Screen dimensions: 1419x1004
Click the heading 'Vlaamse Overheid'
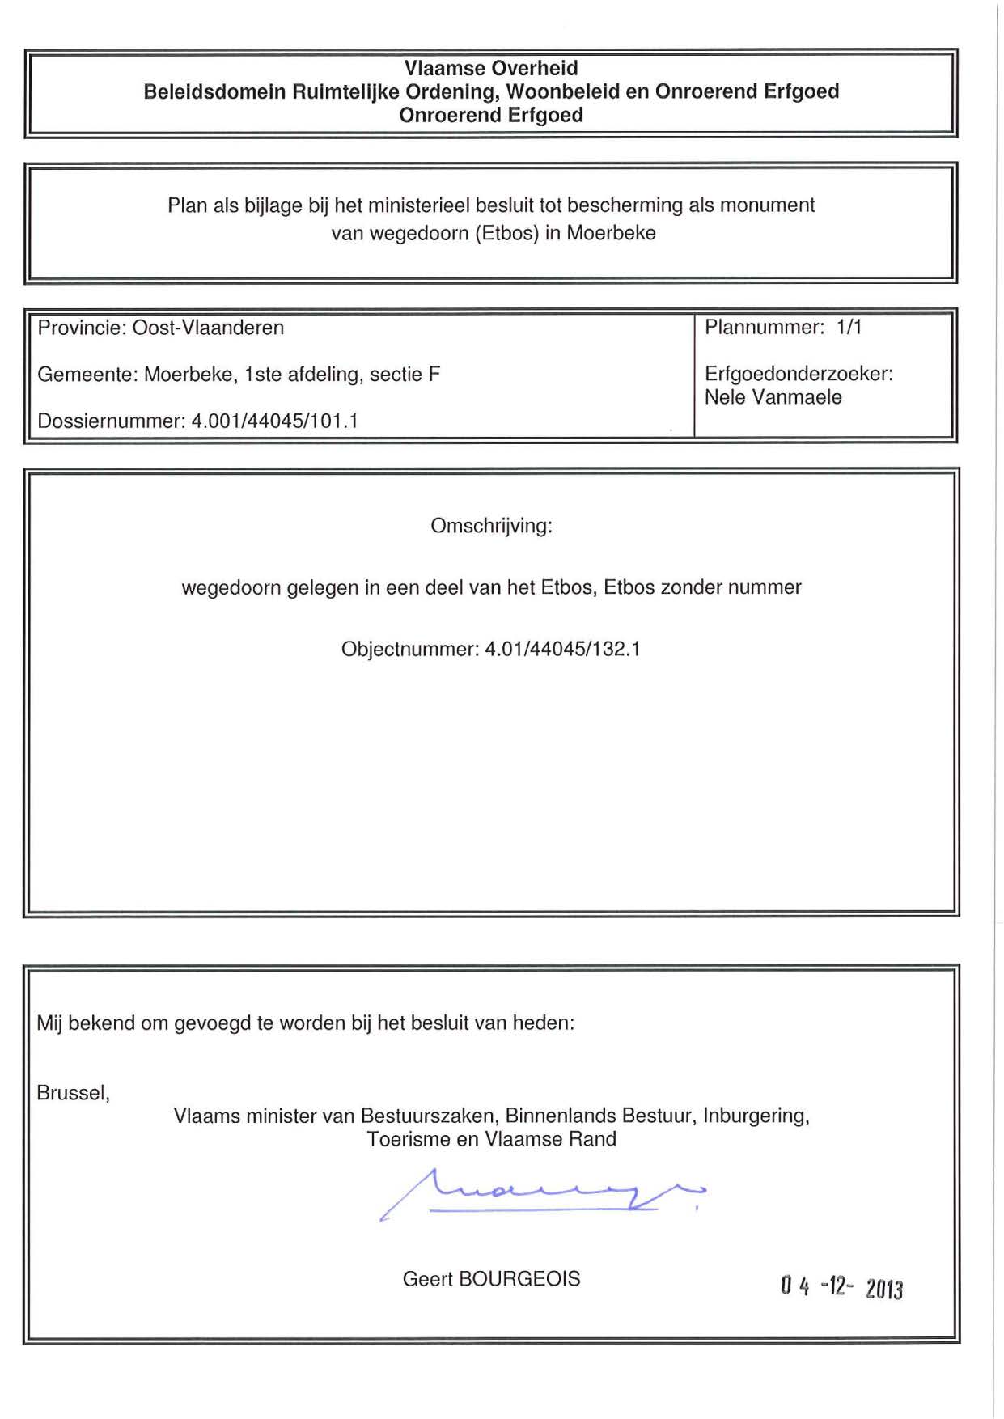click(x=491, y=68)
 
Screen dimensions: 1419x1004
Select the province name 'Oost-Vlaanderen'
click(x=208, y=328)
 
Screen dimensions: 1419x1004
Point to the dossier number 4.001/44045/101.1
click(x=274, y=421)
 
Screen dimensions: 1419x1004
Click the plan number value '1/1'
click(x=849, y=327)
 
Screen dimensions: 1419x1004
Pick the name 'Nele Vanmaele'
click(x=773, y=397)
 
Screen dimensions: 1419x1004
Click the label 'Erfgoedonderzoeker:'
click(x=799, y=374)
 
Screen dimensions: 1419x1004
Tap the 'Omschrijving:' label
click(x=491, y=526)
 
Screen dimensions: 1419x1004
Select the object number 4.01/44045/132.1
click(x=562, y=649)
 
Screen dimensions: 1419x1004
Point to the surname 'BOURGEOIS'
click(x=519, y=1278)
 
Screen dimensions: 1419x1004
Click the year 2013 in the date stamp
click(x=884, y=1287)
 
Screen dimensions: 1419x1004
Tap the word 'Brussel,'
click(x=73, y=1093)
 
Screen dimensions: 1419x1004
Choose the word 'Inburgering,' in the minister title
click(x=756, y=1116)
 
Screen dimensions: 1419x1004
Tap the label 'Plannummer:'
click(x=765, y=327)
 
